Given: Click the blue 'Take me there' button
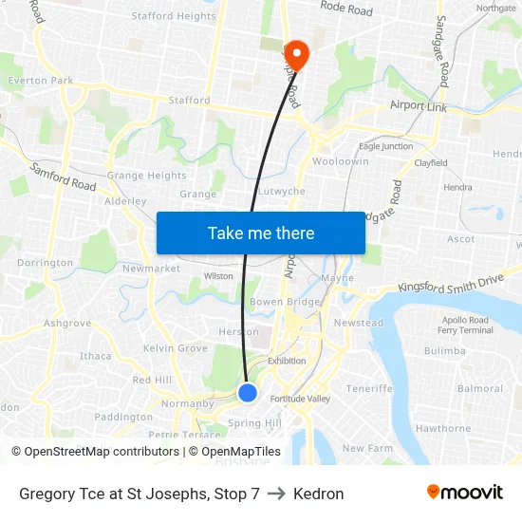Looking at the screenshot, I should pyautogui.click(x=261, y=233).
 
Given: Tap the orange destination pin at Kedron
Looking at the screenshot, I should pyautogui.click(x=296, y=55).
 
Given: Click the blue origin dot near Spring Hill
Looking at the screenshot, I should pyautogui.click(x=248, y=392).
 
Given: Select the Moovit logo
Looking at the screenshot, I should pyautogui.click(x=465, y=493).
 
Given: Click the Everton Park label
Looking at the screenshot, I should pyautogui.click(x=41, y=81).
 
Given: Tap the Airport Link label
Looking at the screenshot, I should pyautogui.click(x=419, y=107).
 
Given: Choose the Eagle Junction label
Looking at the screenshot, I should pyautogui.click(x=385, y=146).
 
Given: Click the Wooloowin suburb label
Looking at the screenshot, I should pyautogui.click(x=341, y=162).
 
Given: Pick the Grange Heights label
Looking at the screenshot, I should pyautogui.click(x=147, y=176).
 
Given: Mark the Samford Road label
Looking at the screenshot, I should pyautogui.click(x=64, y=177).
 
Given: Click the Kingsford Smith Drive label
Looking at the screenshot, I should pyautogui.click(x=451, y=284).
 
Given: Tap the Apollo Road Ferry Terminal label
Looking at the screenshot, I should pyautogui.click(x=465, y=326).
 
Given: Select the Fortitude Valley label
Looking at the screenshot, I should pyautogui.click(x=300, y=399).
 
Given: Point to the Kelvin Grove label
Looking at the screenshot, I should pyautogui.click(x=175, y=348).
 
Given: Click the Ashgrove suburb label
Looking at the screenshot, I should pyautogui.click(x=67, y=323).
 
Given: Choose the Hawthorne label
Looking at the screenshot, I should pyautogui.click(x=443, y=428).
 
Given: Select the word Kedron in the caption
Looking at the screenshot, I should pyautogui.click(x=319, y=494).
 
